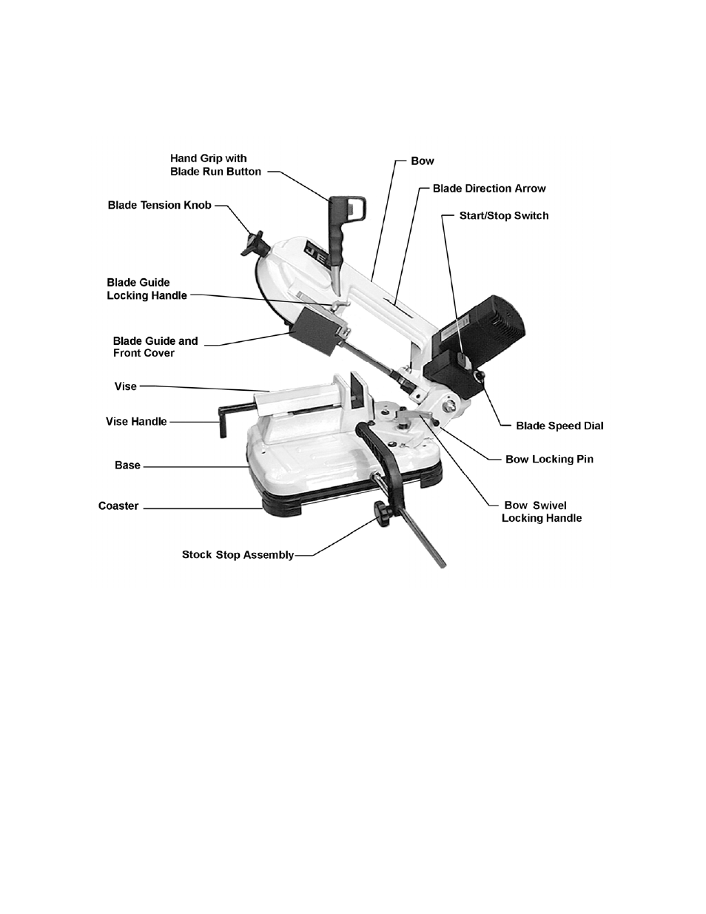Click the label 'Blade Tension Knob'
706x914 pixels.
(x=159, y=205)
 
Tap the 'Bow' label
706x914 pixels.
(x=422, y=161)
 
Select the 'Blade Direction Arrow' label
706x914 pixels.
(x=489, y=188)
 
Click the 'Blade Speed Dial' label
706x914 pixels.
(x=559, y=426)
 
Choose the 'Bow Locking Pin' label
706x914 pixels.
(x=548, y=459)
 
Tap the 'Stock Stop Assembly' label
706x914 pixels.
(x=238, y=554)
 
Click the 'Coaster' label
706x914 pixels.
(x=118, y=506)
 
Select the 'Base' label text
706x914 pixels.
(x=127, y=466)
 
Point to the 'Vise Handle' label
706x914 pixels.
(x=136, y=421)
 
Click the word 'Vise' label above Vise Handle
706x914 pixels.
(x=126, y=386)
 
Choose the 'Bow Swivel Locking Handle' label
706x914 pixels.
(x=541, y=511)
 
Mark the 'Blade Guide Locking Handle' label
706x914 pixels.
(x=147, y=289)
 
